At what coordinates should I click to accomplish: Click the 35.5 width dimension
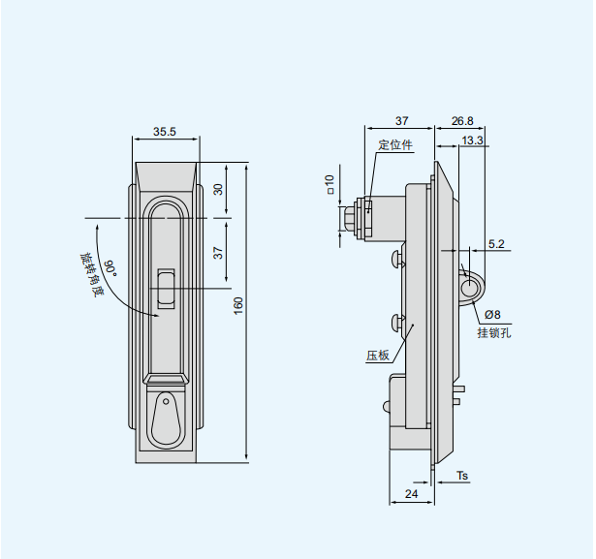tap(165, 132)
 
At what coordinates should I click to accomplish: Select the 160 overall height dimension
tap(238, 306)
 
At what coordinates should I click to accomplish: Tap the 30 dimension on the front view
tap(218, 189)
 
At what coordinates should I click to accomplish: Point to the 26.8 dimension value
tap(462, 121)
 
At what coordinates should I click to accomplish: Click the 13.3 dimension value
tap(472, 140)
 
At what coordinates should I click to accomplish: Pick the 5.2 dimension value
tap(496, 244)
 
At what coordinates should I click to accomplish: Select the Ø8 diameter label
tap(492, 315)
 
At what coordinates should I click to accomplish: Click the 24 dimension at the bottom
tap(411, 494)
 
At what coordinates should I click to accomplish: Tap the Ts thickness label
tap(462, 476)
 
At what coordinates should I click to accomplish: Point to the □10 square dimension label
tap(329, 184)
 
